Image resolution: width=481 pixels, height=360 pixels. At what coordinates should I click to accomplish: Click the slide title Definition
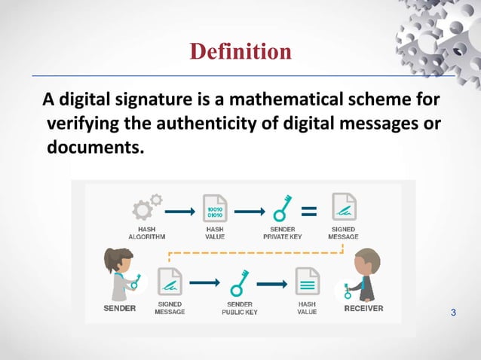(x=240, y=51)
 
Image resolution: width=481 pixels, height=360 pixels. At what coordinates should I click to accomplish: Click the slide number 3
(x=454, y=313)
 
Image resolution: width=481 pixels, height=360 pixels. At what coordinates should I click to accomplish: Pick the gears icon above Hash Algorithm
(x=147, y=207)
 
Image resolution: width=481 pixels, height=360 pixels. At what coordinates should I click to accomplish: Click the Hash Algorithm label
(x=147, y=232)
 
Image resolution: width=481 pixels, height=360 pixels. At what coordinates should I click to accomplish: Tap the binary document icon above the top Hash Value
(x=215, y=207)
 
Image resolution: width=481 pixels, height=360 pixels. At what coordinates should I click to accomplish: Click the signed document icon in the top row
(x=344, y=208)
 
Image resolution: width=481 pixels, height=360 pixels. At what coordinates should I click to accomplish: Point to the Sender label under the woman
(x=119, y=308)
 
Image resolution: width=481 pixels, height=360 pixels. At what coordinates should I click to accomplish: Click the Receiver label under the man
(x=363, y=308)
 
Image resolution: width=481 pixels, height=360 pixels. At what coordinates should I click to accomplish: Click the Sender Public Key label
(x=240, y=308)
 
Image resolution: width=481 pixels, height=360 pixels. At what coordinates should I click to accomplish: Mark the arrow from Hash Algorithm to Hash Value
(x=179, y=211)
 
